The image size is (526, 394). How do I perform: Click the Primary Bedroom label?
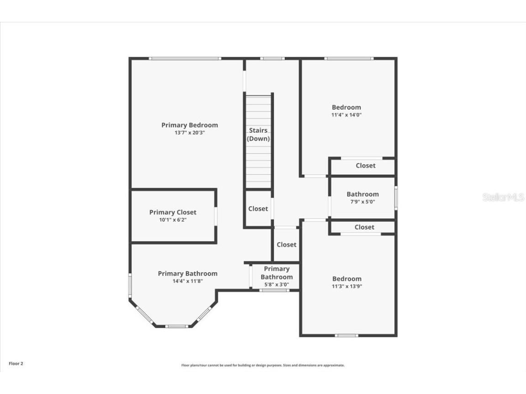[x=189, y=125]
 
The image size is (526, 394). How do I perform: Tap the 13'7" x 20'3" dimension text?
[x=189, y=133]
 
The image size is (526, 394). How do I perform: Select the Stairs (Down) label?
[x=258, y=135]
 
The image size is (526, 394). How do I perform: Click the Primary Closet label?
[x=173, y=212]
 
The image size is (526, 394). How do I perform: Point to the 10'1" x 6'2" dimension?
[x=173, y=220]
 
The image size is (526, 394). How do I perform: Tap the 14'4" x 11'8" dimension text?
[x=187, y=281]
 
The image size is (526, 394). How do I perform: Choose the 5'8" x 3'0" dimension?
[x=276, y=285]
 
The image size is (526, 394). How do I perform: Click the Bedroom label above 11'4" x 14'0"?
[x=346, y=107]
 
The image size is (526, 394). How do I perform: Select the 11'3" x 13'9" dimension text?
[x=347, y=286]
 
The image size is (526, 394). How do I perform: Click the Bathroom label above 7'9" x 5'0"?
[x=363, y=194]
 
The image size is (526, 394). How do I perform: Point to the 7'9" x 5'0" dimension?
[x=363, y=202]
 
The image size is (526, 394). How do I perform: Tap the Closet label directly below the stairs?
[x=258, y=208]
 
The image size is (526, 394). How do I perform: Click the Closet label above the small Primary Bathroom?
[x=286, y=244]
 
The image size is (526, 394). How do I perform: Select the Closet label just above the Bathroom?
[x=365, y=166]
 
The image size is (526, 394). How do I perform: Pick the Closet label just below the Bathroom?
[x=364, y=227]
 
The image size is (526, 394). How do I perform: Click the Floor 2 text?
[x=16, y=363]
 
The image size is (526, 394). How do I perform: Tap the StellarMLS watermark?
[x=503, y=197]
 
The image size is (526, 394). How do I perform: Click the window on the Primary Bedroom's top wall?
[x=185, y=58]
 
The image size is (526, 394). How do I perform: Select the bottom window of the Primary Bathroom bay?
[x=176, y=326]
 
